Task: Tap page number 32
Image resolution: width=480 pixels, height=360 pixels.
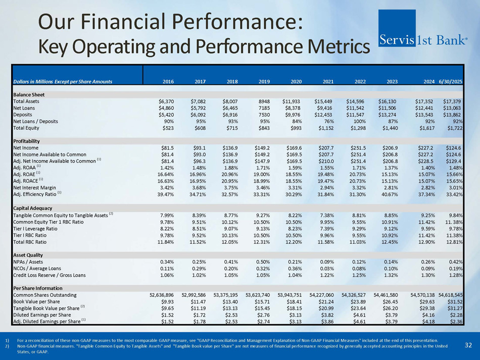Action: point(468,345)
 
